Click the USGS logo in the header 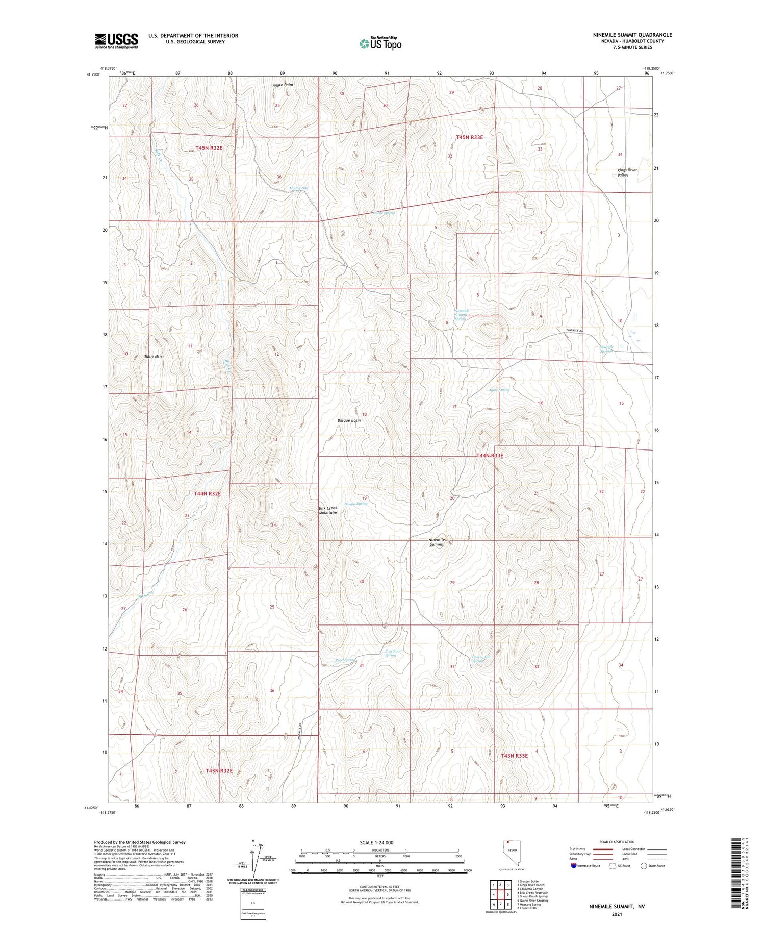coord(116,41)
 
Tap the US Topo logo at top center coord(380,43)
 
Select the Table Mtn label coord(153,356)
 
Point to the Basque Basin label coord(349,420)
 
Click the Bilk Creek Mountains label coord(328,510)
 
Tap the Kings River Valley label coord(627,172)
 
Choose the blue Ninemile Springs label coord(606,349)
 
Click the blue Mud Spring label coord(299,188)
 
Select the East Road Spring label coord(393,653)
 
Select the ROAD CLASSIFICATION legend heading coord(617,842)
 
